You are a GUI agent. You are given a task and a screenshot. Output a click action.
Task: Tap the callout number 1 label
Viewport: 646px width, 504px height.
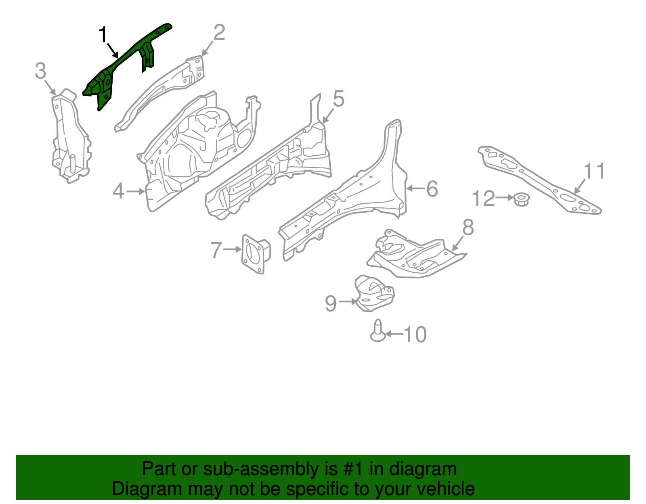tap(103, 35)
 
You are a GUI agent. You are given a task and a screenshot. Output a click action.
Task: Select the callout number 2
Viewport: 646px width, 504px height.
tap(219, 33)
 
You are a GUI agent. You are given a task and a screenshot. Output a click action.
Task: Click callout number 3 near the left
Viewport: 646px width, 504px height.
tap(40, 71)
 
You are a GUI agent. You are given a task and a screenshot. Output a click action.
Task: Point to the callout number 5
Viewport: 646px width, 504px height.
tap(338, 99)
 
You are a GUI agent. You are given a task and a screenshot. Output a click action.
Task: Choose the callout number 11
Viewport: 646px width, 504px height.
tap(594, 171)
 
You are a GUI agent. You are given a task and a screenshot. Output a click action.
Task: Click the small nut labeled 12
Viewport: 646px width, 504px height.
tap(522, 199)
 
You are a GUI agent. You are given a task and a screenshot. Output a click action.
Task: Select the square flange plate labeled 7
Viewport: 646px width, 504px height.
tap(255, 253)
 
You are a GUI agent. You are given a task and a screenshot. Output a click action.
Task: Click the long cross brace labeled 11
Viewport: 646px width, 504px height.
tap(537, 178)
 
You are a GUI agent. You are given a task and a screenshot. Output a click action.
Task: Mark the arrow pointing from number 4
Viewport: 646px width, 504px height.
tap(136, 191)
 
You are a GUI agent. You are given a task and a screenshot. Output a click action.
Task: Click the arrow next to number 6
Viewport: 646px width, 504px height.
tap(414, 188)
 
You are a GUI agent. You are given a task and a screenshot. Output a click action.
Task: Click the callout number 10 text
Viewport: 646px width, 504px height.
tap(415, 335)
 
